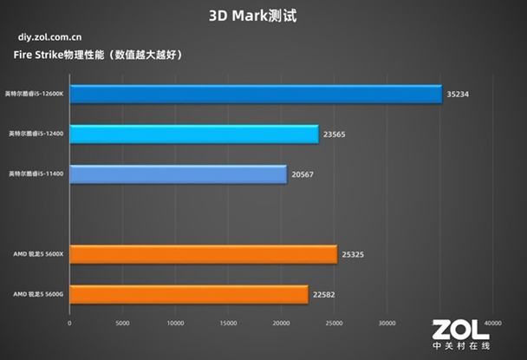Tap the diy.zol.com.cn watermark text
click(50, 38)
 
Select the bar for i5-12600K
click(255, 94)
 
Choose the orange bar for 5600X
click(203, 254)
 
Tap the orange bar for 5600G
click(188, 294)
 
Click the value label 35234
click(459, 95)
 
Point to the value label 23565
click(336, 134)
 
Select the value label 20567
click(304, 174)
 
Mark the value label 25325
click(355, 254)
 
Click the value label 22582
click(326, 294)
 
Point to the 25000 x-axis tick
click(334, 324)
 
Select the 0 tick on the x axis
click(69, 324)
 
